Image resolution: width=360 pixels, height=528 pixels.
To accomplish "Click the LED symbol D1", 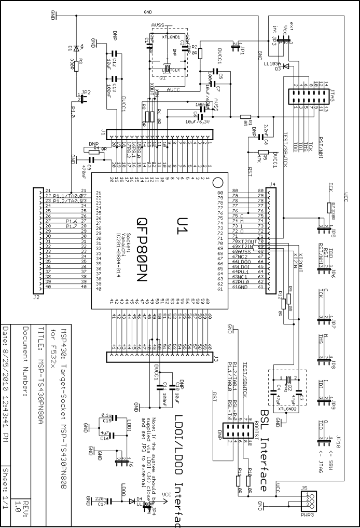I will pyautogui.click(x=76, y=48).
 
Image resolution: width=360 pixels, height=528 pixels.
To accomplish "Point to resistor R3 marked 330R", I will pyautogui.click(x=76, y=65).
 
